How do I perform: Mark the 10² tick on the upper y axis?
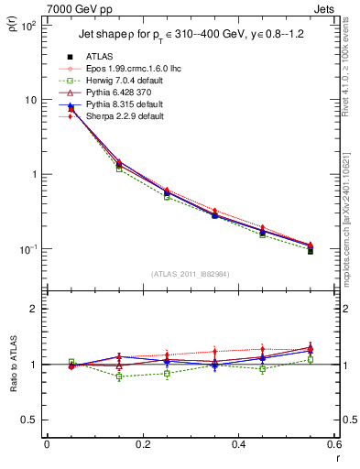(29, 26)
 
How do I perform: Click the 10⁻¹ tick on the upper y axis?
(29, 249)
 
